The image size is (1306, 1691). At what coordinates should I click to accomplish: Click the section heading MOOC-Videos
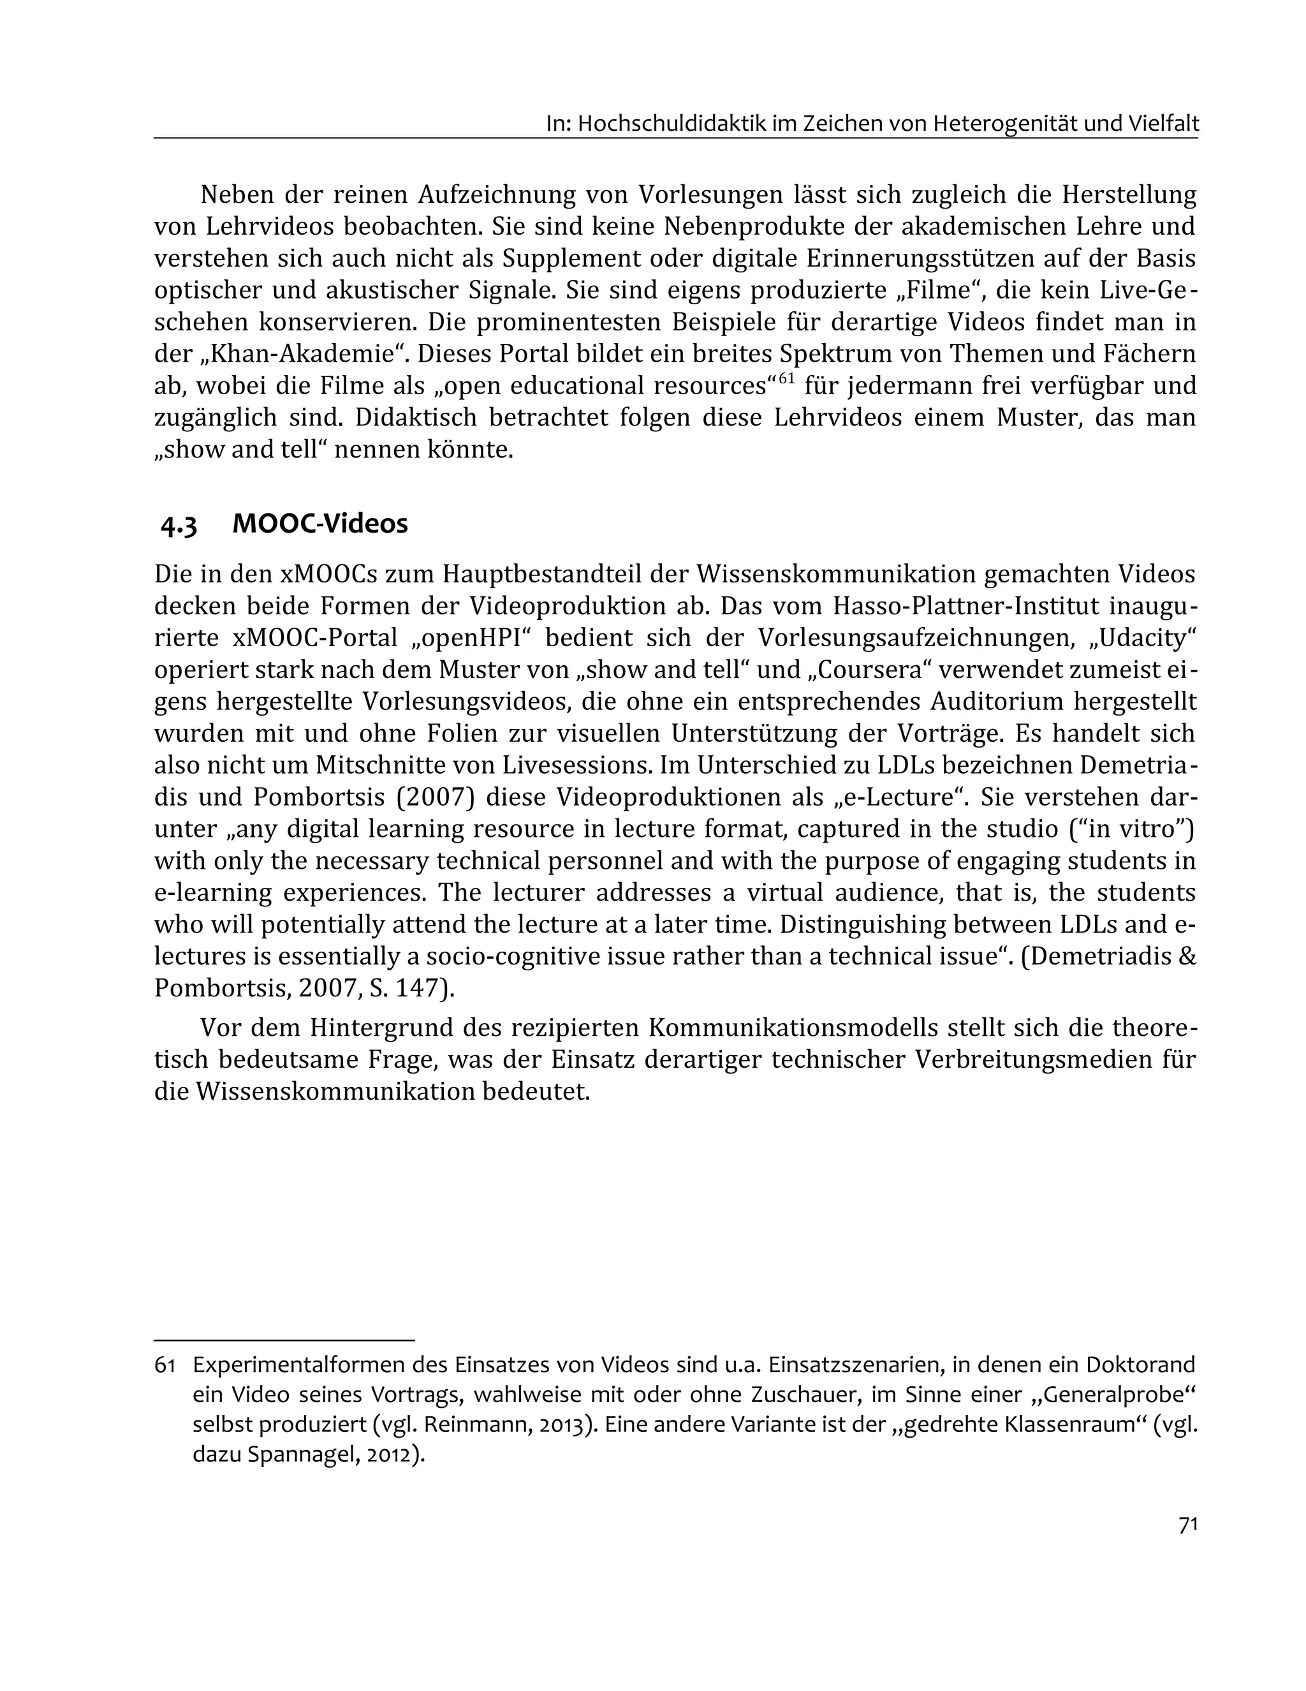click(319, 524)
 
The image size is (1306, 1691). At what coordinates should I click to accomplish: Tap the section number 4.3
click(179, 525)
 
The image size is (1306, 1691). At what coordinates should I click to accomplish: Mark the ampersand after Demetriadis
click(1187, 956)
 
